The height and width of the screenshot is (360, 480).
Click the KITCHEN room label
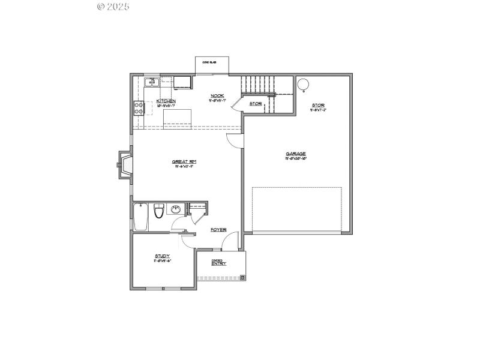point(166,101)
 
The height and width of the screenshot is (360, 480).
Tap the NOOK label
point(217,96)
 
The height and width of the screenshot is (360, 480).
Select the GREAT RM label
point(185,161)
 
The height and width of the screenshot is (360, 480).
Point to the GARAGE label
point(296,154)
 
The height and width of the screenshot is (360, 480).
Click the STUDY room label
point(163,256)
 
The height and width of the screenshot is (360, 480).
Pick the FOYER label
point(218,230)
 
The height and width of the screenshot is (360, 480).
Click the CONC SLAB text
point(209,62)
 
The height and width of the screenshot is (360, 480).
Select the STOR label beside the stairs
point(256,104)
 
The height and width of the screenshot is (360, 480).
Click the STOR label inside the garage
point(317,106)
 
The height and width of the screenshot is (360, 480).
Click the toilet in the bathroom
point(159,211)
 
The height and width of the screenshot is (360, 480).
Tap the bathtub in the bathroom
point(141,217)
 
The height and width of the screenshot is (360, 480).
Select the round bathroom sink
point(176,209)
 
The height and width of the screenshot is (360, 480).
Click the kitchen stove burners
point(139,108)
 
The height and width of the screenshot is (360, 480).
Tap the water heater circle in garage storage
point(304,83)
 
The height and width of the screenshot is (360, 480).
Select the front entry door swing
point(228,242)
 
